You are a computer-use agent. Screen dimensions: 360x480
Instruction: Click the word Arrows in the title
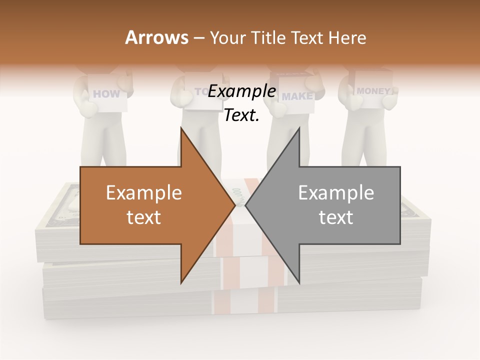coord(157,37)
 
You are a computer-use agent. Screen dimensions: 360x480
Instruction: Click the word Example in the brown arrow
coord(144,193)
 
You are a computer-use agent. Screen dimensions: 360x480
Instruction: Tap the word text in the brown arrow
coord(144,217)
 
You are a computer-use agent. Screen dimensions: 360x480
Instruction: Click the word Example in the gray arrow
coord(336,193)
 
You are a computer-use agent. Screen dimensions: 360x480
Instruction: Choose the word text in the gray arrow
coord(336,217)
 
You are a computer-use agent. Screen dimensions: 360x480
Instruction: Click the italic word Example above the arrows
coord(242,91)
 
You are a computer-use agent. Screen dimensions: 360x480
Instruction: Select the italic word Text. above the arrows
coord(242,115)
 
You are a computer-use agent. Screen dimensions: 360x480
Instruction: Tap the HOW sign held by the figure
coord(107,93)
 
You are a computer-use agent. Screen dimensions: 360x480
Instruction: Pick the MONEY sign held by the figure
coord(374,91)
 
